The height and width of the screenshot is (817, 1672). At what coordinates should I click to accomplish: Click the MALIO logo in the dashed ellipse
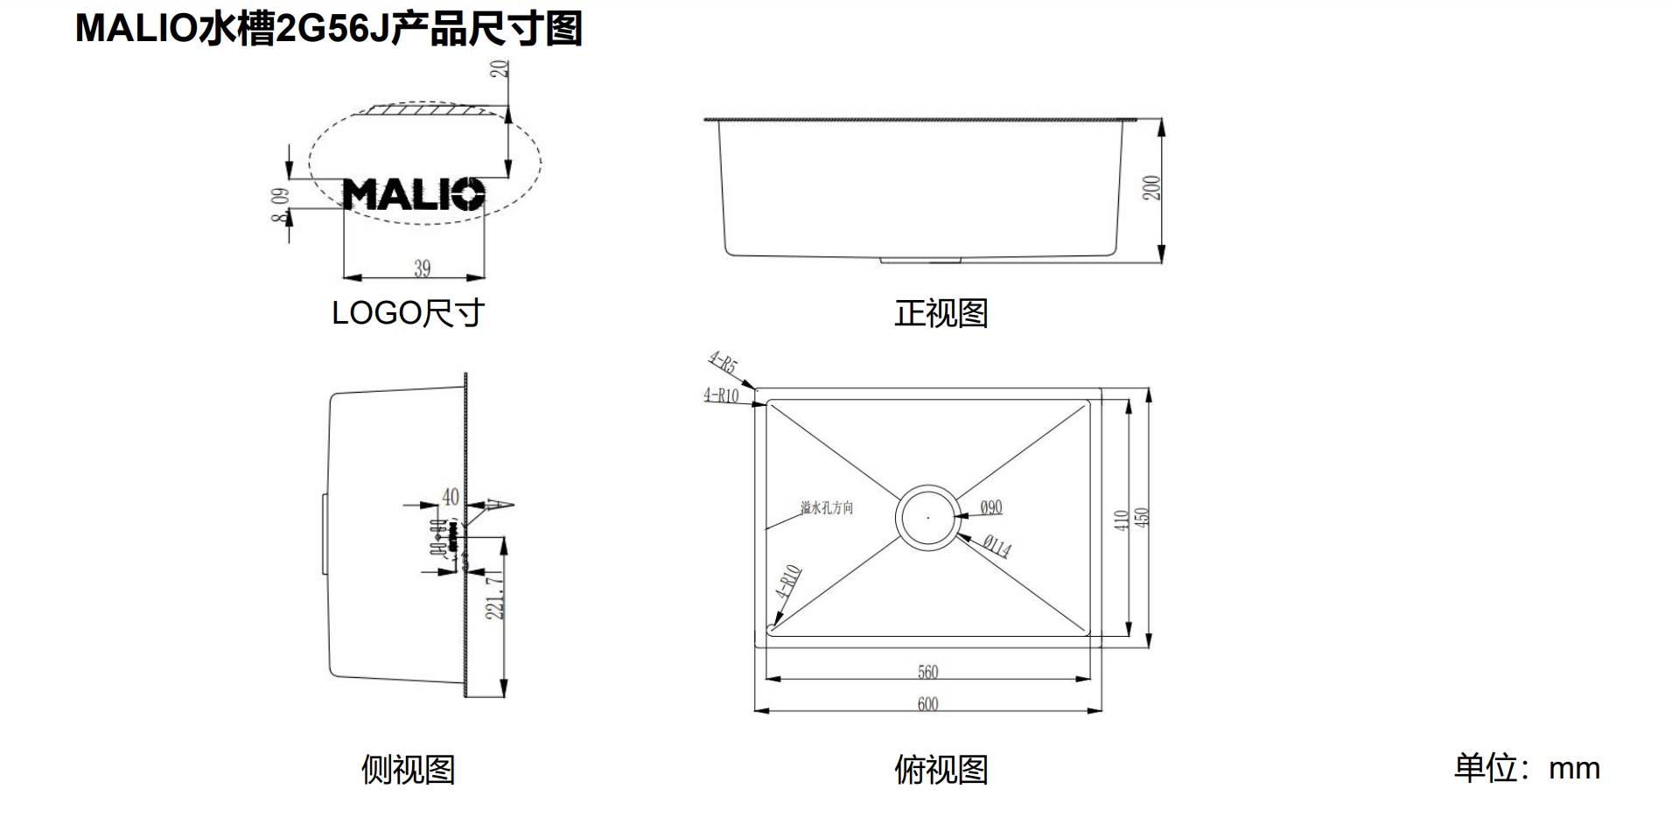point(413,194)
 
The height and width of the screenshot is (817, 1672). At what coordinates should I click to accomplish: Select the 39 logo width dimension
point(422,268)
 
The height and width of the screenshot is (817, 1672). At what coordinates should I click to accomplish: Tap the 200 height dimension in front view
point(1151,188)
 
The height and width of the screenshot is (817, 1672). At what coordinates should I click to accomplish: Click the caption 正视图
point(941,313)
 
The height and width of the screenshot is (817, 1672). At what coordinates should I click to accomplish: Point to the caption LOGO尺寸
point(408,313)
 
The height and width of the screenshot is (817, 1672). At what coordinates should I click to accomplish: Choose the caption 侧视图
point(408,769)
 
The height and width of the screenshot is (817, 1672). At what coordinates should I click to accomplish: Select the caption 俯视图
point(941,769)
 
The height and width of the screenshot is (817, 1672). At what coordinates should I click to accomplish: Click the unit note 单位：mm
point(1527,767)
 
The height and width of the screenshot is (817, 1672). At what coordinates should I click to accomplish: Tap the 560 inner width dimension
point(927,672)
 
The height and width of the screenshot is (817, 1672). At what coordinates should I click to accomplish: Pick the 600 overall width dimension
point(927,704)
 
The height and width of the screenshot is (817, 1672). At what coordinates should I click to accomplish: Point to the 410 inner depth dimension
point(1121,520)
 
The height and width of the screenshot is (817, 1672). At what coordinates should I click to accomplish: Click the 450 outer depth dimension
point(1141,517)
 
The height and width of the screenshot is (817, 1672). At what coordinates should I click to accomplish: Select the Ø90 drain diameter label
point(990,507)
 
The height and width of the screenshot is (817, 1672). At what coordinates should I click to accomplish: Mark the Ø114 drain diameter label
point(996,547)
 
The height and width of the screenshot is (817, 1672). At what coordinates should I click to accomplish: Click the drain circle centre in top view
point(927,517)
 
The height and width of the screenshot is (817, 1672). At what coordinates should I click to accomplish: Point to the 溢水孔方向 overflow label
point(826,507)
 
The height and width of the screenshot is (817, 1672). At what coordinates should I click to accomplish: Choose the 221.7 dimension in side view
point(495,597)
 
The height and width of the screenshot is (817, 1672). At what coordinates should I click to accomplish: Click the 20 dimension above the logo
point(500,67)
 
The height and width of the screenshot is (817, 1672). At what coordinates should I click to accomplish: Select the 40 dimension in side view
point(450,497)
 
